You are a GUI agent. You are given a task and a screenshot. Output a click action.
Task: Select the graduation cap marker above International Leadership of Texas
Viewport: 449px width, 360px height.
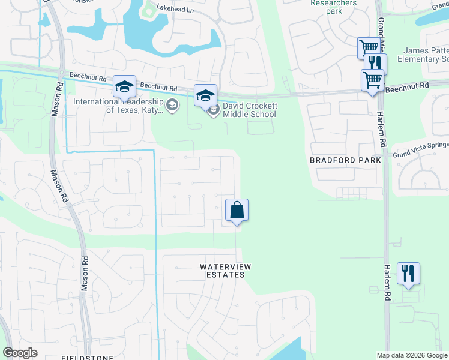click(125, 87)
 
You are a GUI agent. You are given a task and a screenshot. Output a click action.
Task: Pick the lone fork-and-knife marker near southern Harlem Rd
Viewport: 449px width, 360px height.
click(408, 274)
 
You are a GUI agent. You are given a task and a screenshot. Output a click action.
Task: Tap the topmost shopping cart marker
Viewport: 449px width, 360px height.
click(369, 48)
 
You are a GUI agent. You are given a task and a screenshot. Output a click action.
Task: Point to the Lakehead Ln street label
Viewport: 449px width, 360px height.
click(176, 10)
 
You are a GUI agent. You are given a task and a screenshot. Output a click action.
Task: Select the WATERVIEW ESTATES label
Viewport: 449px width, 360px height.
click(222, 271)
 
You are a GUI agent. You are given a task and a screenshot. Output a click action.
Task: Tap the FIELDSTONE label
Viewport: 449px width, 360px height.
click(84, 357)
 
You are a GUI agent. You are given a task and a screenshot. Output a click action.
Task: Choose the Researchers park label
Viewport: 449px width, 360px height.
click(333, 7)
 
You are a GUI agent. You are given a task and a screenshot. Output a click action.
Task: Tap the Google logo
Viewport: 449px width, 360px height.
click(20, 353)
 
